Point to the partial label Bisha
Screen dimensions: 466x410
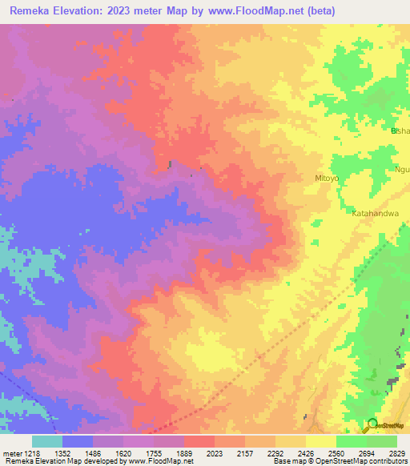click(x=400, y=131)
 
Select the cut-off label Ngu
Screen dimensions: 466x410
click(x=402, y=169)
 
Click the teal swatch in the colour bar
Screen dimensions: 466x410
click(x=47, y=441)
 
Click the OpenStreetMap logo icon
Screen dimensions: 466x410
click(x=372, y=424)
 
